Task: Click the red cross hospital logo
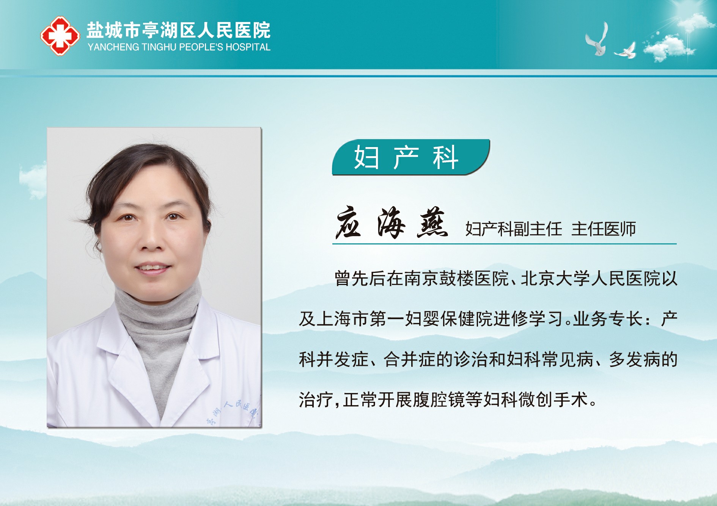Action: pos(60,36)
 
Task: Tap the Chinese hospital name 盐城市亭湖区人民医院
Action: pos(179,30)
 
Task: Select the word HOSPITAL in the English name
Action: pos(248,47)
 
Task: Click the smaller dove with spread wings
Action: pos(625,51)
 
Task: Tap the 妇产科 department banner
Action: pos(410,157)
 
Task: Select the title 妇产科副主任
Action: pos(513,229)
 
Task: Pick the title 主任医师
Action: pos(604,229)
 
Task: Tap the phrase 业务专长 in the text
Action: pos(608,319)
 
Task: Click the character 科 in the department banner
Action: pos(445,157)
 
